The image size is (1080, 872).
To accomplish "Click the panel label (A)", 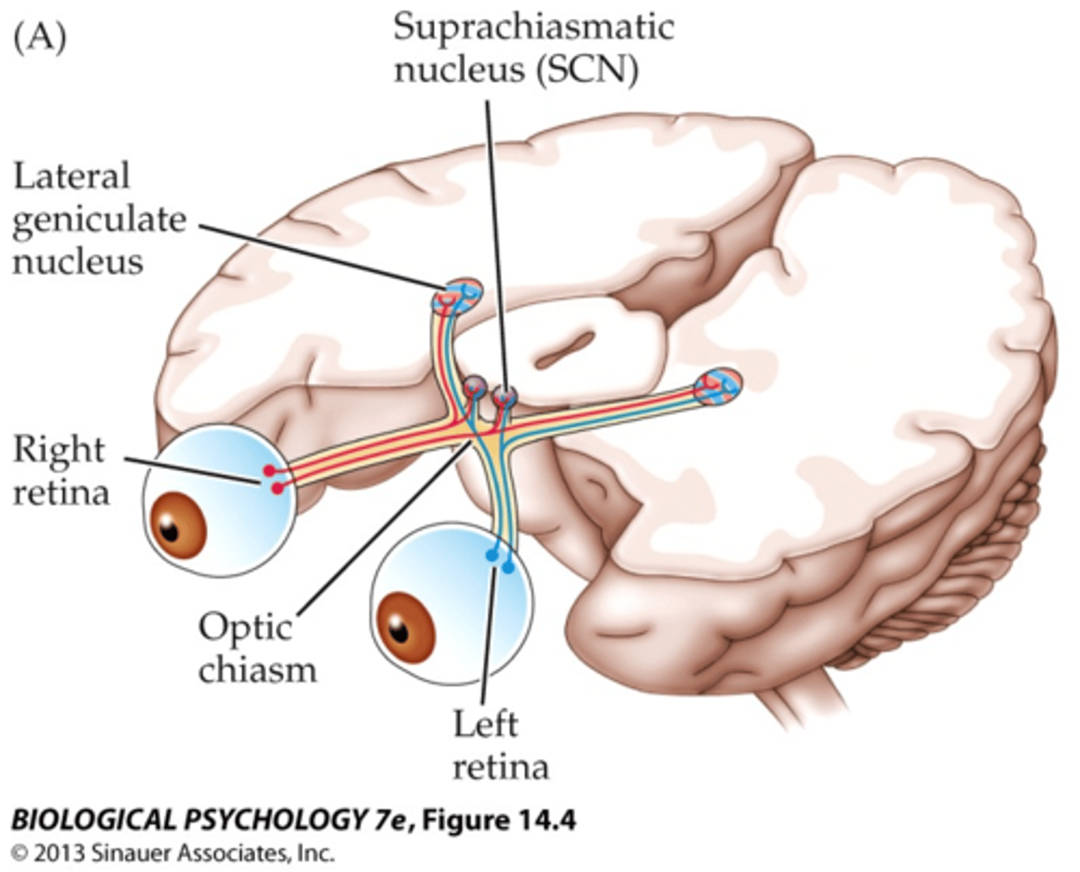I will point(40,37).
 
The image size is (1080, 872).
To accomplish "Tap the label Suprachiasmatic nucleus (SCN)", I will point(533,49).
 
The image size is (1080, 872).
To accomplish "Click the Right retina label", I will point(60,471).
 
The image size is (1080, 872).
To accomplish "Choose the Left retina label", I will point(499,746).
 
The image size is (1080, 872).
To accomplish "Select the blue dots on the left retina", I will point(500,560).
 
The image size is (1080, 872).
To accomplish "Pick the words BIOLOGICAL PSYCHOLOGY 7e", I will point(210,820).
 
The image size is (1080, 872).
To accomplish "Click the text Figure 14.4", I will point(499,820).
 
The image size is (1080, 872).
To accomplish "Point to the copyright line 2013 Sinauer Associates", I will point(172,853).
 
